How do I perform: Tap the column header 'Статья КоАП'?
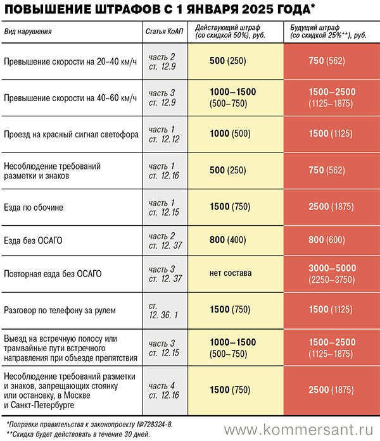pos(165,31)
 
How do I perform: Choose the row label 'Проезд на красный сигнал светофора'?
pos(71,134)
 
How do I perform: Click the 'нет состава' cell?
pos(231,273)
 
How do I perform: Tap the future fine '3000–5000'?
pos(332,268)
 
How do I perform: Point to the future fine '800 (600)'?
pos(332,240)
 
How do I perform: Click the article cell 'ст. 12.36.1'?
pos(164,310)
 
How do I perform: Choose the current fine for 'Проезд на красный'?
pos(231,134)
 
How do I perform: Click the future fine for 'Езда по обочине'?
pos(332,207)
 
